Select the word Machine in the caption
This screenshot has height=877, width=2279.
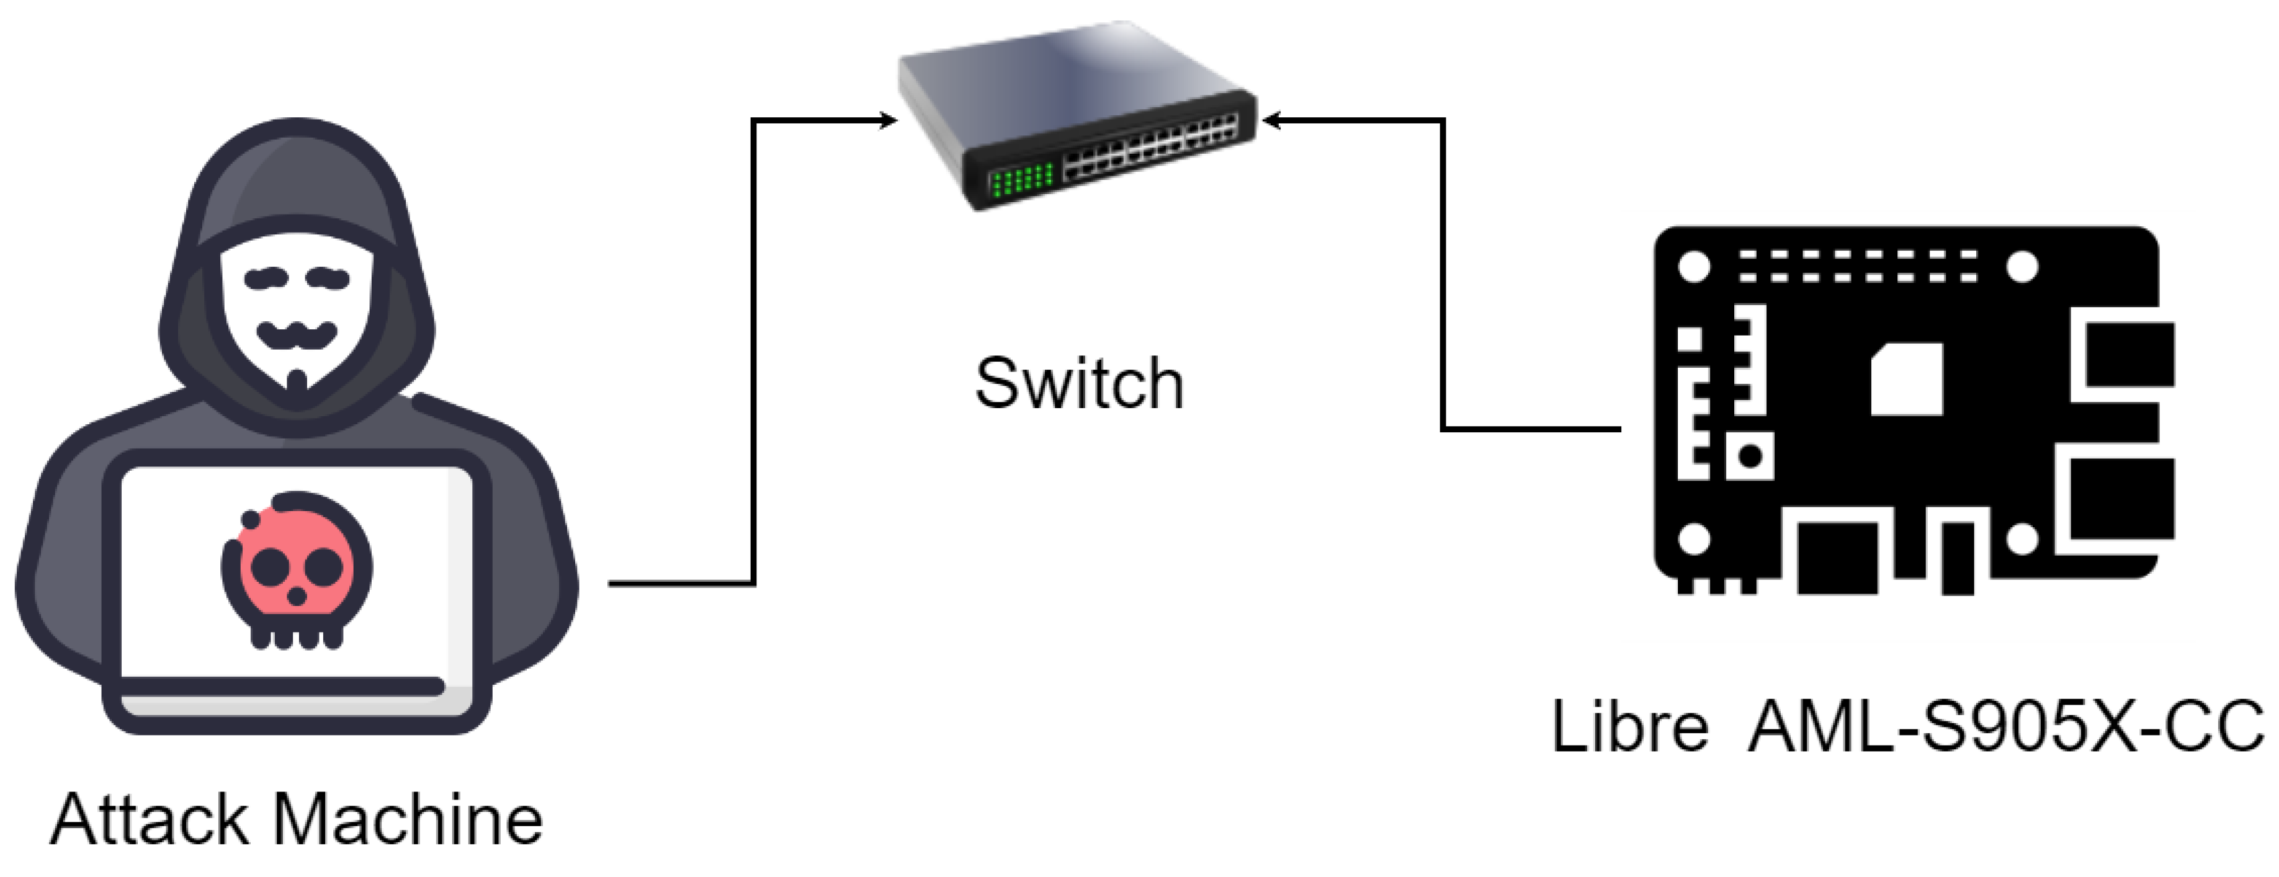point(408,821)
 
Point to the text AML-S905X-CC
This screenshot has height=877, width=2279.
point(2005,727)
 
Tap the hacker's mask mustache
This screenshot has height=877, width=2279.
point(297,334)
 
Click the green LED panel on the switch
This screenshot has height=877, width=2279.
point(1022,180)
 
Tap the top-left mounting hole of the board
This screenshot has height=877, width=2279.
point(1693,266)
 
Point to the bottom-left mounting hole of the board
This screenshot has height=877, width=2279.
point(1693,538)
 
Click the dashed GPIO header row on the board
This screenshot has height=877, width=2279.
point(1858,266)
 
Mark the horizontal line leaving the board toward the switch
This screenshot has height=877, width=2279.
point(1531,430)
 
